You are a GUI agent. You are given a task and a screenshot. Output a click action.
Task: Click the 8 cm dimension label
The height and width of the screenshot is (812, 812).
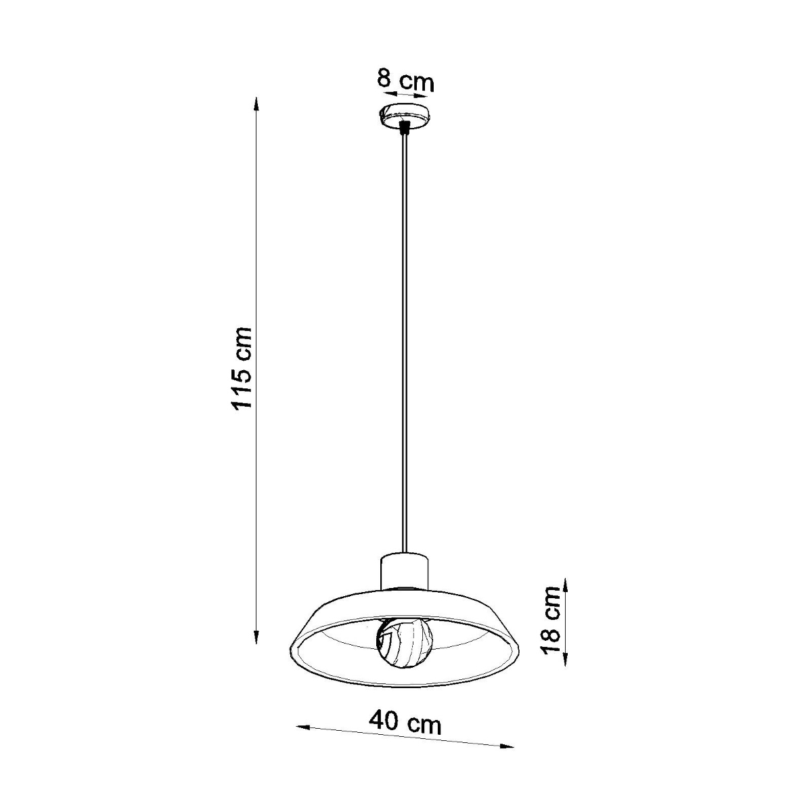[x=405, y=81]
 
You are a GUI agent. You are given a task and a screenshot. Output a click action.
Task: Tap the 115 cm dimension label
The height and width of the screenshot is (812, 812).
[x=242, y=368]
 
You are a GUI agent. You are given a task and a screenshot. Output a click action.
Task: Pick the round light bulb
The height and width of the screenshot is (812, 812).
[x=404, y=643]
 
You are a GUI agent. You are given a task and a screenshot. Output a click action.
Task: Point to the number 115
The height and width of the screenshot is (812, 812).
[x=242, y=388]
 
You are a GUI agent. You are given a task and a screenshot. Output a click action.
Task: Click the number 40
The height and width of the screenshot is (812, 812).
[x=385, y=721]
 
